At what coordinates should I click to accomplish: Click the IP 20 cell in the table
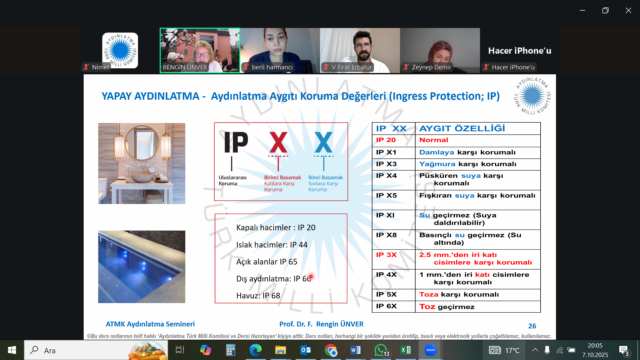394,140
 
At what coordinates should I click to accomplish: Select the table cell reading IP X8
394,239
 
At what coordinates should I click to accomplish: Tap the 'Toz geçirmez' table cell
478,307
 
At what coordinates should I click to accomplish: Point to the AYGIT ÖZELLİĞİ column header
478,128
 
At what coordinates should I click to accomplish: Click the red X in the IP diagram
278,142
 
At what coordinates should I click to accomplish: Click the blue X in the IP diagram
323,142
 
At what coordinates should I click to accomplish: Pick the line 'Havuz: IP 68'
258,296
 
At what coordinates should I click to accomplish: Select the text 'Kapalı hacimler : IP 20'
276,228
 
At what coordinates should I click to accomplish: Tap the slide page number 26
532,326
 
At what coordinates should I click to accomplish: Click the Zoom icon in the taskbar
430,350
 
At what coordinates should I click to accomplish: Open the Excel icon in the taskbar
405,350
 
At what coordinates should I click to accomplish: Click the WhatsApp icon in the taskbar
381,350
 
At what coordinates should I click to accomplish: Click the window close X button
628,10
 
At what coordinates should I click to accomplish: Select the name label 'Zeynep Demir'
431,67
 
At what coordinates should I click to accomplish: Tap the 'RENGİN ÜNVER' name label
185,67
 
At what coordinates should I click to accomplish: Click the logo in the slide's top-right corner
532,96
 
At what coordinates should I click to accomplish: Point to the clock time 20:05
595,346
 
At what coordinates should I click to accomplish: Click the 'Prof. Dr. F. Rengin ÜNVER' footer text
321,324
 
